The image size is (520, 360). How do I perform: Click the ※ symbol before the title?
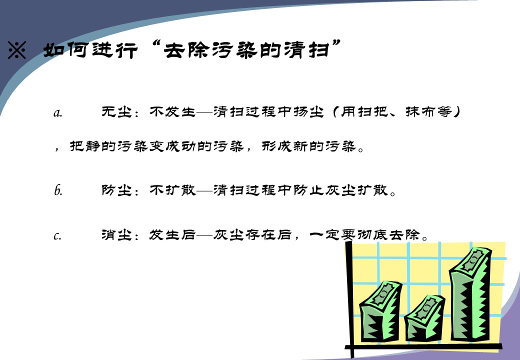click(x=17, y=50)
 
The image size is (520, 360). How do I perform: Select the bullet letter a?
click(x=57, y=113)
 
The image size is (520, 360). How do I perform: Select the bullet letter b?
click(x=58, y=190)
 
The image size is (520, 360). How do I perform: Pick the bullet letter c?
click(x=57, y=235)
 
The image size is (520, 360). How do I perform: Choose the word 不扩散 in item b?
click(x=172, y=190)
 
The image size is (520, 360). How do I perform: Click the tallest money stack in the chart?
click(x=470, y=294)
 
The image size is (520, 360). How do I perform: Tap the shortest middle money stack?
click(x=424, y=318)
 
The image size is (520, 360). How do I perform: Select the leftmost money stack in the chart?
click(x=381, y=310)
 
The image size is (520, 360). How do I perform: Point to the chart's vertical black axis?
click(x=349, y=298)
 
